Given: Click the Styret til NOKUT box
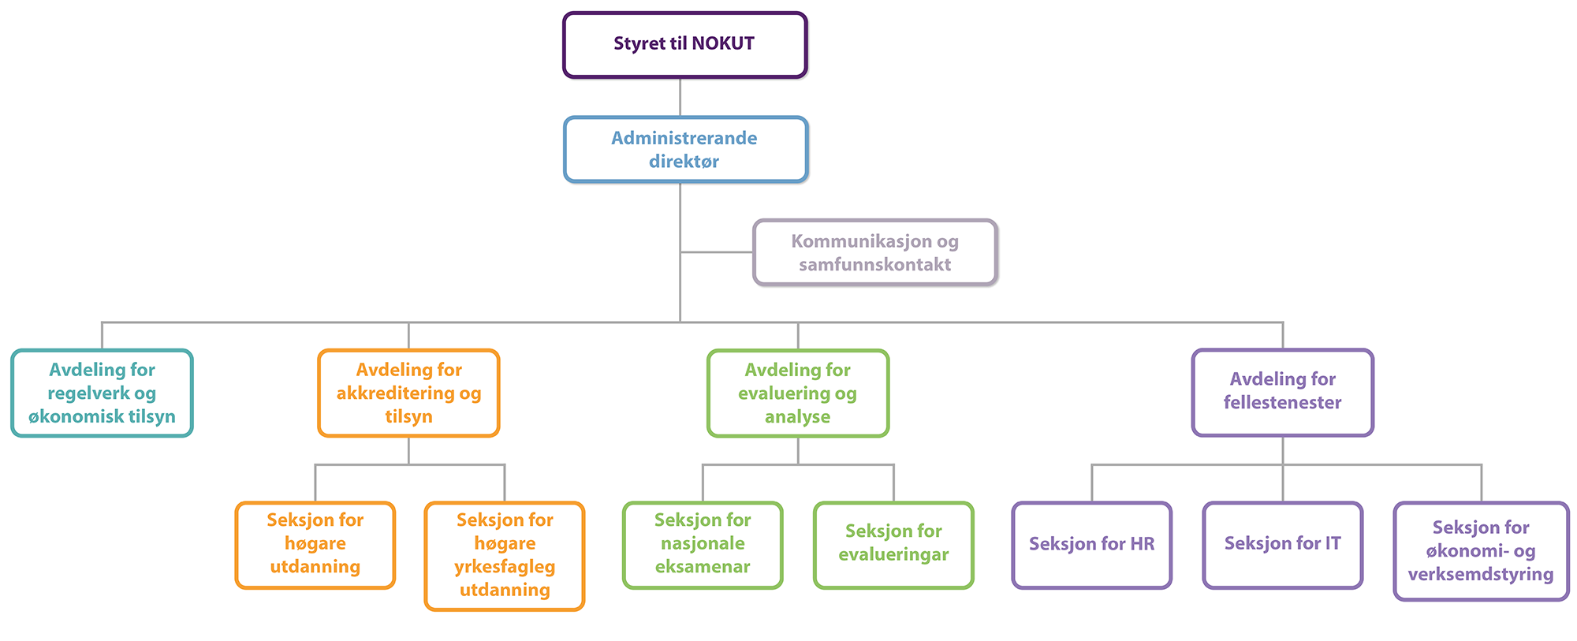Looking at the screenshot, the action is [x=684, y=45].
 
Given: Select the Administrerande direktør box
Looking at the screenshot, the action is [x=685, y=149].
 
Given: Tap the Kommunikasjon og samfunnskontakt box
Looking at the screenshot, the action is [x=874, y=252].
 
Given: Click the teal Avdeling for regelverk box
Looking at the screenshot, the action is [x=102, y=393].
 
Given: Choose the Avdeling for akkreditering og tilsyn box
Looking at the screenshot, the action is [x=408, y=393].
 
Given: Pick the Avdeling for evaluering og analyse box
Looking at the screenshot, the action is [x=798, y=393].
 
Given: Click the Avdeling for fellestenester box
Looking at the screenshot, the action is [x=1283, y=392].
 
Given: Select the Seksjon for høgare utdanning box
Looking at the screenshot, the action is [x=315, y=545].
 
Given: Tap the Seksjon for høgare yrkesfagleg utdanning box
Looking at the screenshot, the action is [x=505, y=556].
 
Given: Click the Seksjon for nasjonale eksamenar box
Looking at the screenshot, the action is [x=703, y=545].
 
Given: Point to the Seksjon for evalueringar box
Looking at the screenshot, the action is [x=893, y=545].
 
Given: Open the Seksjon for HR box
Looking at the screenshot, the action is [x=1092, y=545].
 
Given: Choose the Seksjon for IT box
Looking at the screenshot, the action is [x=1283, y=545].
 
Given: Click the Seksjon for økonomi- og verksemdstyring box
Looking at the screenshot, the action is [x=1481, y=550].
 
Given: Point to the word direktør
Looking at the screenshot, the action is [x=684, y=161].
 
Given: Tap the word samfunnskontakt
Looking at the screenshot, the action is [x=874, y=264].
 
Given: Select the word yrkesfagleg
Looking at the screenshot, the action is [x=505, y=567].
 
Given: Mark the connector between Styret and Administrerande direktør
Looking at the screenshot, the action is [x=680, y=98].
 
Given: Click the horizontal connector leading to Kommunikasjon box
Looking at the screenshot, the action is [x=717, y=252].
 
